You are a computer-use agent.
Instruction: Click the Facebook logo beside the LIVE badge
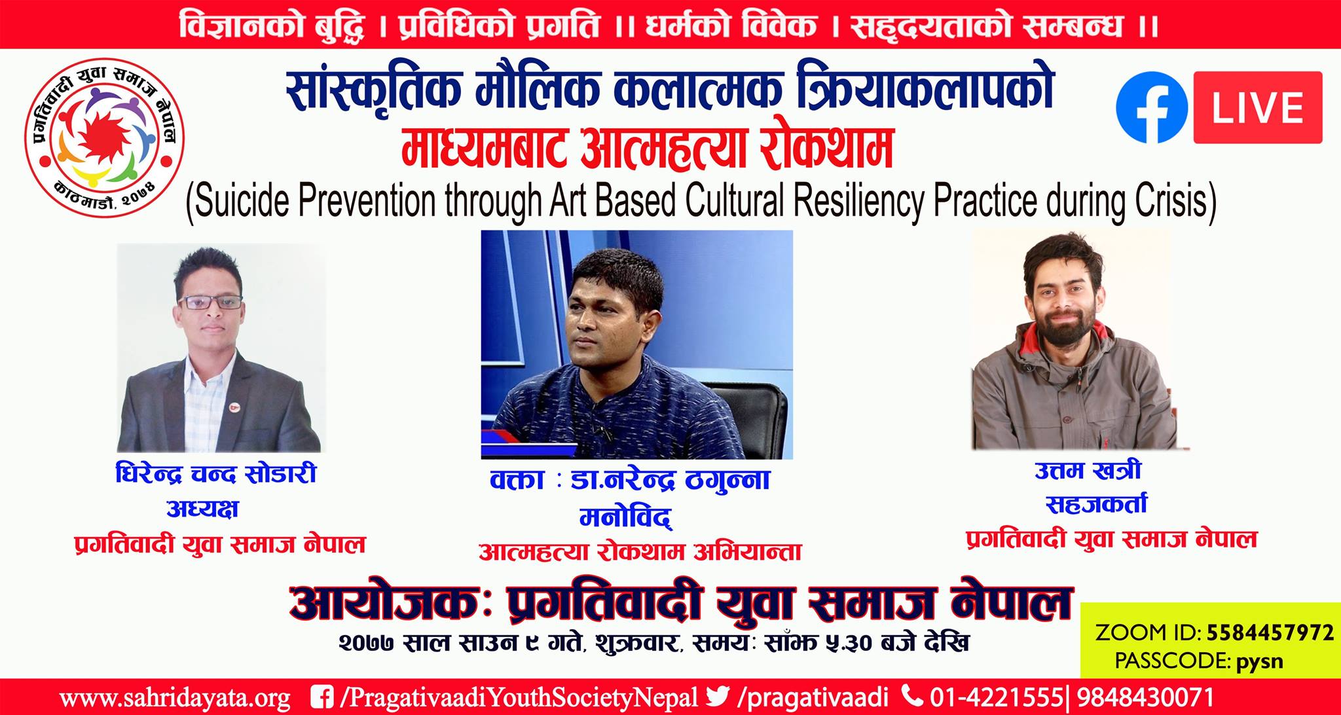click(x=1152, y=107)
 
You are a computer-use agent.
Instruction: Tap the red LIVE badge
click(x=1258, y=107)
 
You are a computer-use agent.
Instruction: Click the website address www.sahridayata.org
click(x=175, y=697)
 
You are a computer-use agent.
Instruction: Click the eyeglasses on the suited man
click(x=210, y=302)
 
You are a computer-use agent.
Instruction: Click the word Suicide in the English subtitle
click(x=238, y=201)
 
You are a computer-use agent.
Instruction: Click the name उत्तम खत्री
click(x=1088, y=470)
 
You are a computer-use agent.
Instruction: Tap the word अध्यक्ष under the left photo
click(x=202, y=509)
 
